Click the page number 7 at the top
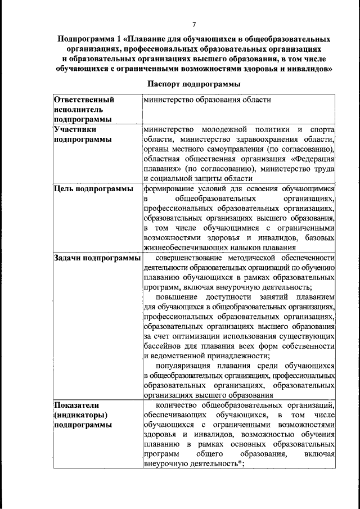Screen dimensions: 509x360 point(193,24)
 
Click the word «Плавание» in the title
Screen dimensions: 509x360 point(147,39)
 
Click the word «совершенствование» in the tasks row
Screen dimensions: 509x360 point(190,258)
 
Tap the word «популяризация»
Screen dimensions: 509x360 point(183,365)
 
